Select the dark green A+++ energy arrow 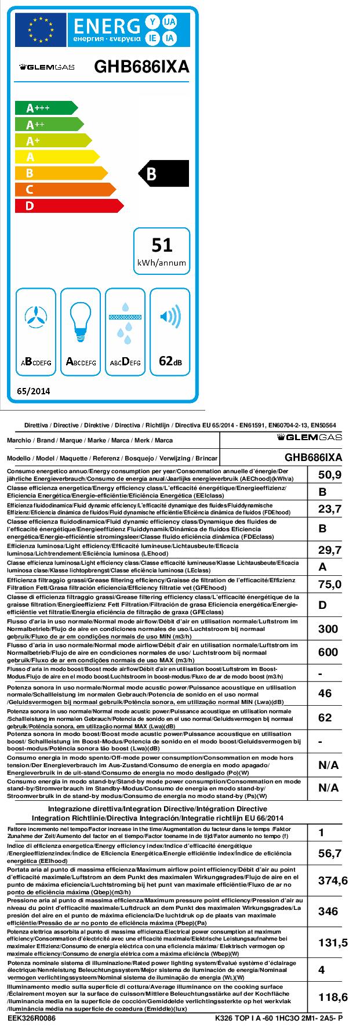(43, 108)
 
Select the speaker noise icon (170, 316)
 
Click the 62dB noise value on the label (170, 361)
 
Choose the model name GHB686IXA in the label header (141, 67)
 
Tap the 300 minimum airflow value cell (328, 629)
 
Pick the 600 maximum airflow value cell (328, 652)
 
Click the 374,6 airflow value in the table (333, 880)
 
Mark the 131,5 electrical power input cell (333, 943)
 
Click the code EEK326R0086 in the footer (31, 1018)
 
